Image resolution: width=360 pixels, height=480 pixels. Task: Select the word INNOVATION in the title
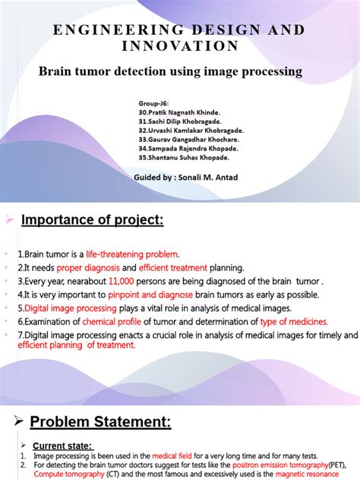click(x=179, y=46)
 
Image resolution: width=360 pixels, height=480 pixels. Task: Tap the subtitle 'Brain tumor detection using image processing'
click(x=170, y=71)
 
